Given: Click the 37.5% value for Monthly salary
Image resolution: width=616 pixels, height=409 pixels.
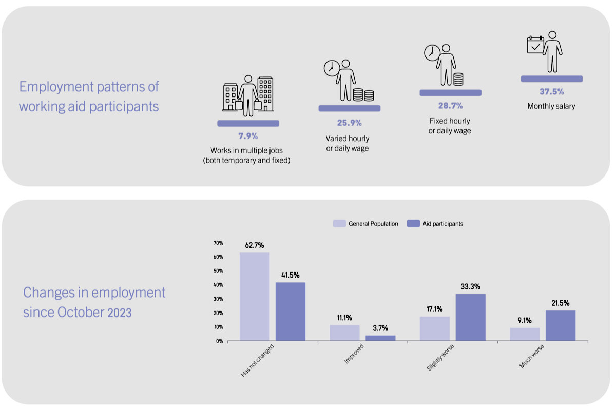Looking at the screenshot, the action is (552, 91).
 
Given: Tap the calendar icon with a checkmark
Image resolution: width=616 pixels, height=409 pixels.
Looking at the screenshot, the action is (535, 45).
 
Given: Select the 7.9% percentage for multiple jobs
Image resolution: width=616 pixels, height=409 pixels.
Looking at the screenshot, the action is (248, 136).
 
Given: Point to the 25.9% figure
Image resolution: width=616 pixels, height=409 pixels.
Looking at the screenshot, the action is (349, 123).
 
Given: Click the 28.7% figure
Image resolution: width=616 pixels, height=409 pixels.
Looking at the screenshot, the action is (451, 106).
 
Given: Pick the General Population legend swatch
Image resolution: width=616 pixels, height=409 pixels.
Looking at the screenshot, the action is (339, 223).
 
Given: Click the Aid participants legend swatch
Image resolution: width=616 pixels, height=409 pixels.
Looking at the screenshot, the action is (413, 223).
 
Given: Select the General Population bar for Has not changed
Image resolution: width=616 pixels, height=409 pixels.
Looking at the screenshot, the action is (255, 297).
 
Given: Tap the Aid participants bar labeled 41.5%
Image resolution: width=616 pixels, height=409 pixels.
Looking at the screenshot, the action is (291, 311).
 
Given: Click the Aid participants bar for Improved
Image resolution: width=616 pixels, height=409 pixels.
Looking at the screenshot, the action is (380, 338).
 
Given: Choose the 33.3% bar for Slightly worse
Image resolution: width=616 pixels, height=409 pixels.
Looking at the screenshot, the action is (471, 317).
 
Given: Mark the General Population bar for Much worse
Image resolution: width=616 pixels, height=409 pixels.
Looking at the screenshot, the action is (525, 334).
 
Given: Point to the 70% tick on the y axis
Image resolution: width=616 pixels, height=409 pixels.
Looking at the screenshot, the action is (218, 243).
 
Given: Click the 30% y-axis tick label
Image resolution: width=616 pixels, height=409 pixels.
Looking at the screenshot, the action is (218, 299).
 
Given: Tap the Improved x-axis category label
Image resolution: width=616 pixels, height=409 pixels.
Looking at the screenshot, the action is (354, 354).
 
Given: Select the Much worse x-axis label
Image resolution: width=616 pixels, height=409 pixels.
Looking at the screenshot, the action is (532, 356).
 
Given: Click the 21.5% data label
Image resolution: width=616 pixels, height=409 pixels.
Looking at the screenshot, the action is (561, 303).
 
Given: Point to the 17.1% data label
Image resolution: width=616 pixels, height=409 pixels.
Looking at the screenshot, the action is (434, 309).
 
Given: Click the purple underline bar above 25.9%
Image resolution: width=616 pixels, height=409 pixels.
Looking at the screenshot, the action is (350, 108).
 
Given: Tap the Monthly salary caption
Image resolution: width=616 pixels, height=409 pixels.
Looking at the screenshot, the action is (551, 106).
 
